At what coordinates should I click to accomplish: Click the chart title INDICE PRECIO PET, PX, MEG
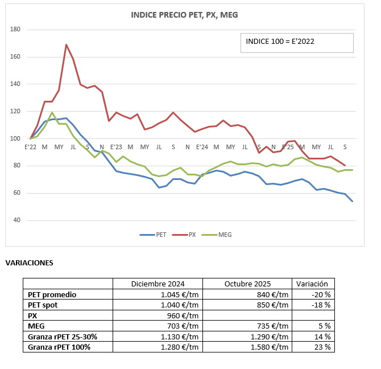[x=184, y=15]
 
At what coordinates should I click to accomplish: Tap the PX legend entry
[x=184, y=235]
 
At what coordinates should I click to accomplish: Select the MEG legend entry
[x=217, y=235]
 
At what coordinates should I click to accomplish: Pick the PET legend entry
[x=153, y=235]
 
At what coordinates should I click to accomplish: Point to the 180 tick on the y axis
[x=15, y=30]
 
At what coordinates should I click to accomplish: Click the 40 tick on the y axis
[x=16, y=220]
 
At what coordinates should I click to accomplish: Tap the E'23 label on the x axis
[x=116, y=147]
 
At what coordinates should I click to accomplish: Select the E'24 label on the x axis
[x=202, y=147]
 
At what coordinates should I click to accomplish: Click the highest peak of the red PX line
[x=66, y=44]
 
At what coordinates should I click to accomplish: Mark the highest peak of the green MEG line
[x=52, y=112]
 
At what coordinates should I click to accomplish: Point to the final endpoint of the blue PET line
[x=352, y=201]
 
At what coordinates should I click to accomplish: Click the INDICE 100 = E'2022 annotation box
[x=297, y=43]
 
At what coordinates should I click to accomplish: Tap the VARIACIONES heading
[x=29, y=263]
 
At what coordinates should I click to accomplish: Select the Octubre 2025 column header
[x=247, y=284]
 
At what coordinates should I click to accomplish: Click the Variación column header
[x=312, y=284]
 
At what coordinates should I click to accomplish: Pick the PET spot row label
[x=43, y=305]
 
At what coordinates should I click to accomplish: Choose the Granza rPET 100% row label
[x=59, y=347]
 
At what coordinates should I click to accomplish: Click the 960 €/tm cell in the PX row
[x=183, y=315]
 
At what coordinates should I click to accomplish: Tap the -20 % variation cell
[x=321, y=295]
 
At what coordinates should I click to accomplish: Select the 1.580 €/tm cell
[x=270, y=347]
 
